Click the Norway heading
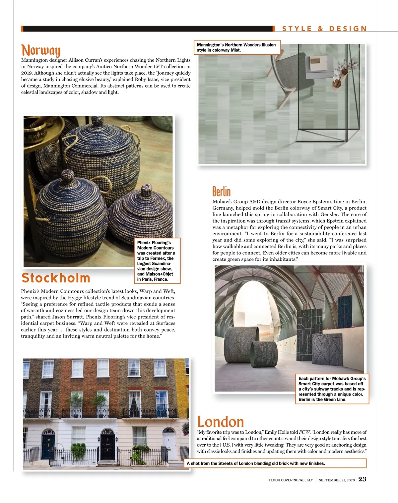pos(41,50)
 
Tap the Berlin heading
pos(221,191)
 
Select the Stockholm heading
pos(56,278)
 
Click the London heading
pos(221,422)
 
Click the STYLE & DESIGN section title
pos(324,29)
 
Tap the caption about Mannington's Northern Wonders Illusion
pos(237,47)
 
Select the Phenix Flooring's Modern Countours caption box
pos(156,261)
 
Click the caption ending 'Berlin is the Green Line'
pos(332,389)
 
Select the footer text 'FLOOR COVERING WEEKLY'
pos(291,480)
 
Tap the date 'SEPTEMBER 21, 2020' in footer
pos(337,480)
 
